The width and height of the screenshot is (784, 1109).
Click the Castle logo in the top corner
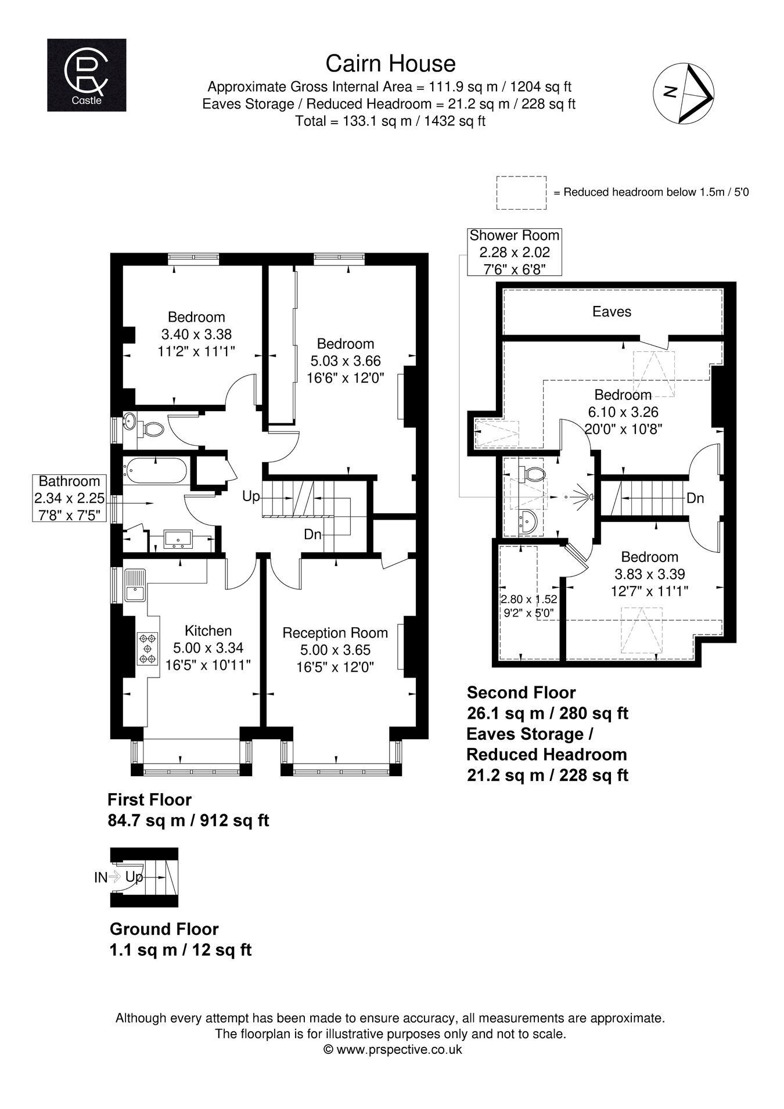87,75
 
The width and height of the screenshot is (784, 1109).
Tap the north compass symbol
684,93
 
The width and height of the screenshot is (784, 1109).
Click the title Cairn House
390,63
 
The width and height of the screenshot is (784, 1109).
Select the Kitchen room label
208,631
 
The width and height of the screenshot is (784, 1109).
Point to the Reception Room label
335,633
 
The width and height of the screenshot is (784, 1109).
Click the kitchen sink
136,586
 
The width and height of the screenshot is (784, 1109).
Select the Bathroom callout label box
70,498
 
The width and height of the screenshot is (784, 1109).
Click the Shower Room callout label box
515,252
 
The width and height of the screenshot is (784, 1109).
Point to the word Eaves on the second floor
612,312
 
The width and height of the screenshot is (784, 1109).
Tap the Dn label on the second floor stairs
695,498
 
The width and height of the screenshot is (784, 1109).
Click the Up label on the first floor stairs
251,497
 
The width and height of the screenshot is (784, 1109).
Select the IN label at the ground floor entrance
101,878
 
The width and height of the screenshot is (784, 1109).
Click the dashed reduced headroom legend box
522,193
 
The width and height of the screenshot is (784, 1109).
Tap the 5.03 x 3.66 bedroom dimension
344,361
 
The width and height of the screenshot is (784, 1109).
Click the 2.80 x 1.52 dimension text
529,599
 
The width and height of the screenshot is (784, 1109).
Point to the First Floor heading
149,800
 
